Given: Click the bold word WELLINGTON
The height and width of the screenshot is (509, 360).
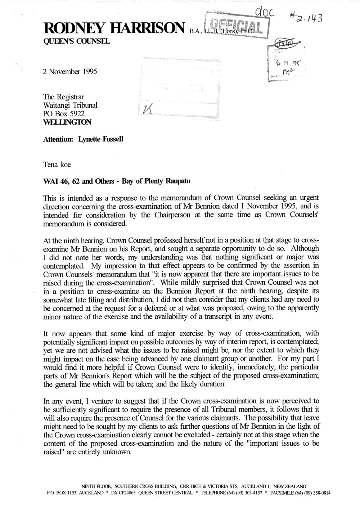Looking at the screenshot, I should tap(67, 122).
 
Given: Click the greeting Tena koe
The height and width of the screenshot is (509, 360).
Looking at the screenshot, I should tap(57, 165).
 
